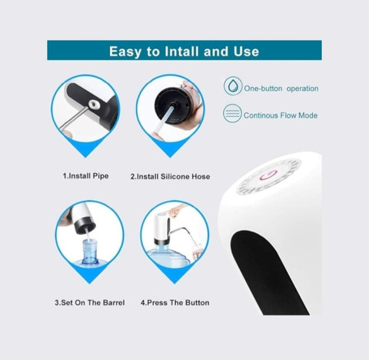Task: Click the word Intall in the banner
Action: pos(182,52)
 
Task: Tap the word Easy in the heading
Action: pos(125,52)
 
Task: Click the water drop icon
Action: pos(232,86)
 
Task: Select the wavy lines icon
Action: pos(232,113)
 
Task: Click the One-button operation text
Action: pos(281,88)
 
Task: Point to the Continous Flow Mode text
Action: pos(281,115)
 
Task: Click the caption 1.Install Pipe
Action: pos(85,176)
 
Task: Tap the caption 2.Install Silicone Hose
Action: pos(170,176)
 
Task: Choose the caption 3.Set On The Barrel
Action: pos(90,302)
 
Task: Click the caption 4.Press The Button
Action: pos(175,302)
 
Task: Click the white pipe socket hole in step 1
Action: pos(93,104)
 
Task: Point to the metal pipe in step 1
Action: pos(75,118)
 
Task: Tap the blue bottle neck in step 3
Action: pos(90,252)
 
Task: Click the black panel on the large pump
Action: pos(267,272)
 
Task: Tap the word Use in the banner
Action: pos(246,52)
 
